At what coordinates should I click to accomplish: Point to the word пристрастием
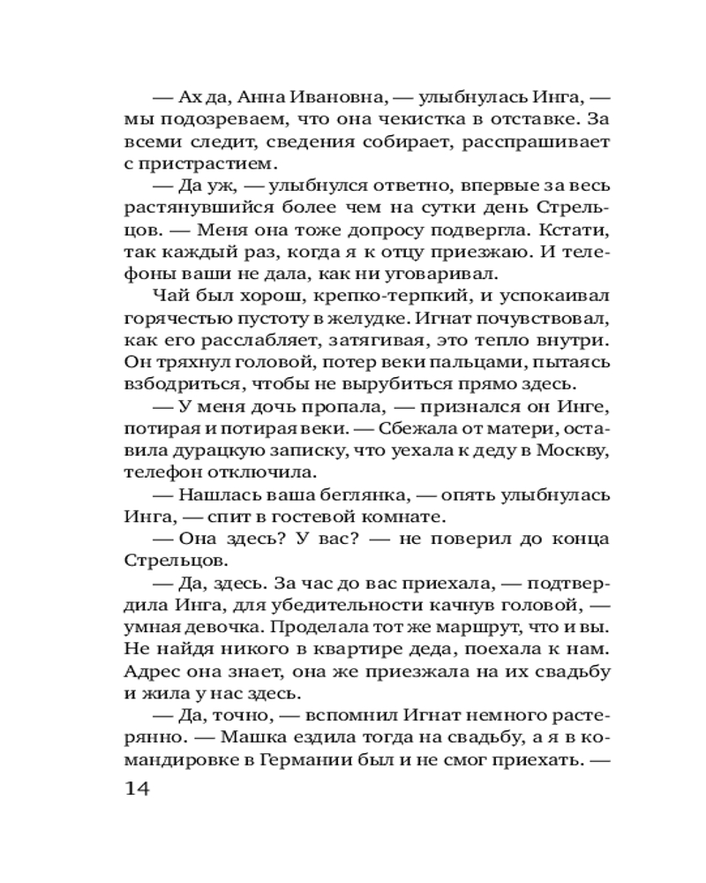click(179, 164)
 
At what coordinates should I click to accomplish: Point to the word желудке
click(343, 317)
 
